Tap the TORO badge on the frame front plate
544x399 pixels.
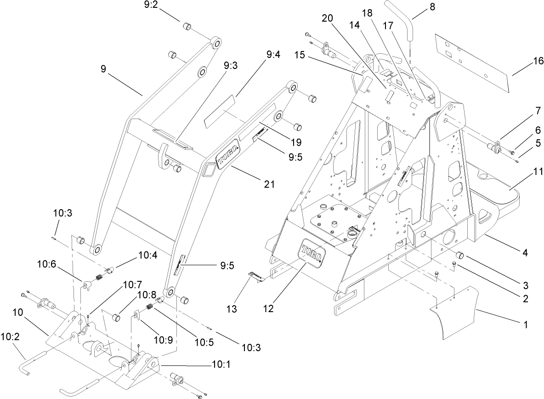point(312,252)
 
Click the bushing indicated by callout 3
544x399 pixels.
point(459,256)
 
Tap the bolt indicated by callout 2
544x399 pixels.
point(454,264)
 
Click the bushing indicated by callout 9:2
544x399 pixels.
point(187,25)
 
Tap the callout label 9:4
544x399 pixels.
point(273,56)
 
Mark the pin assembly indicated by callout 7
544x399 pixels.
point(495,147)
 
